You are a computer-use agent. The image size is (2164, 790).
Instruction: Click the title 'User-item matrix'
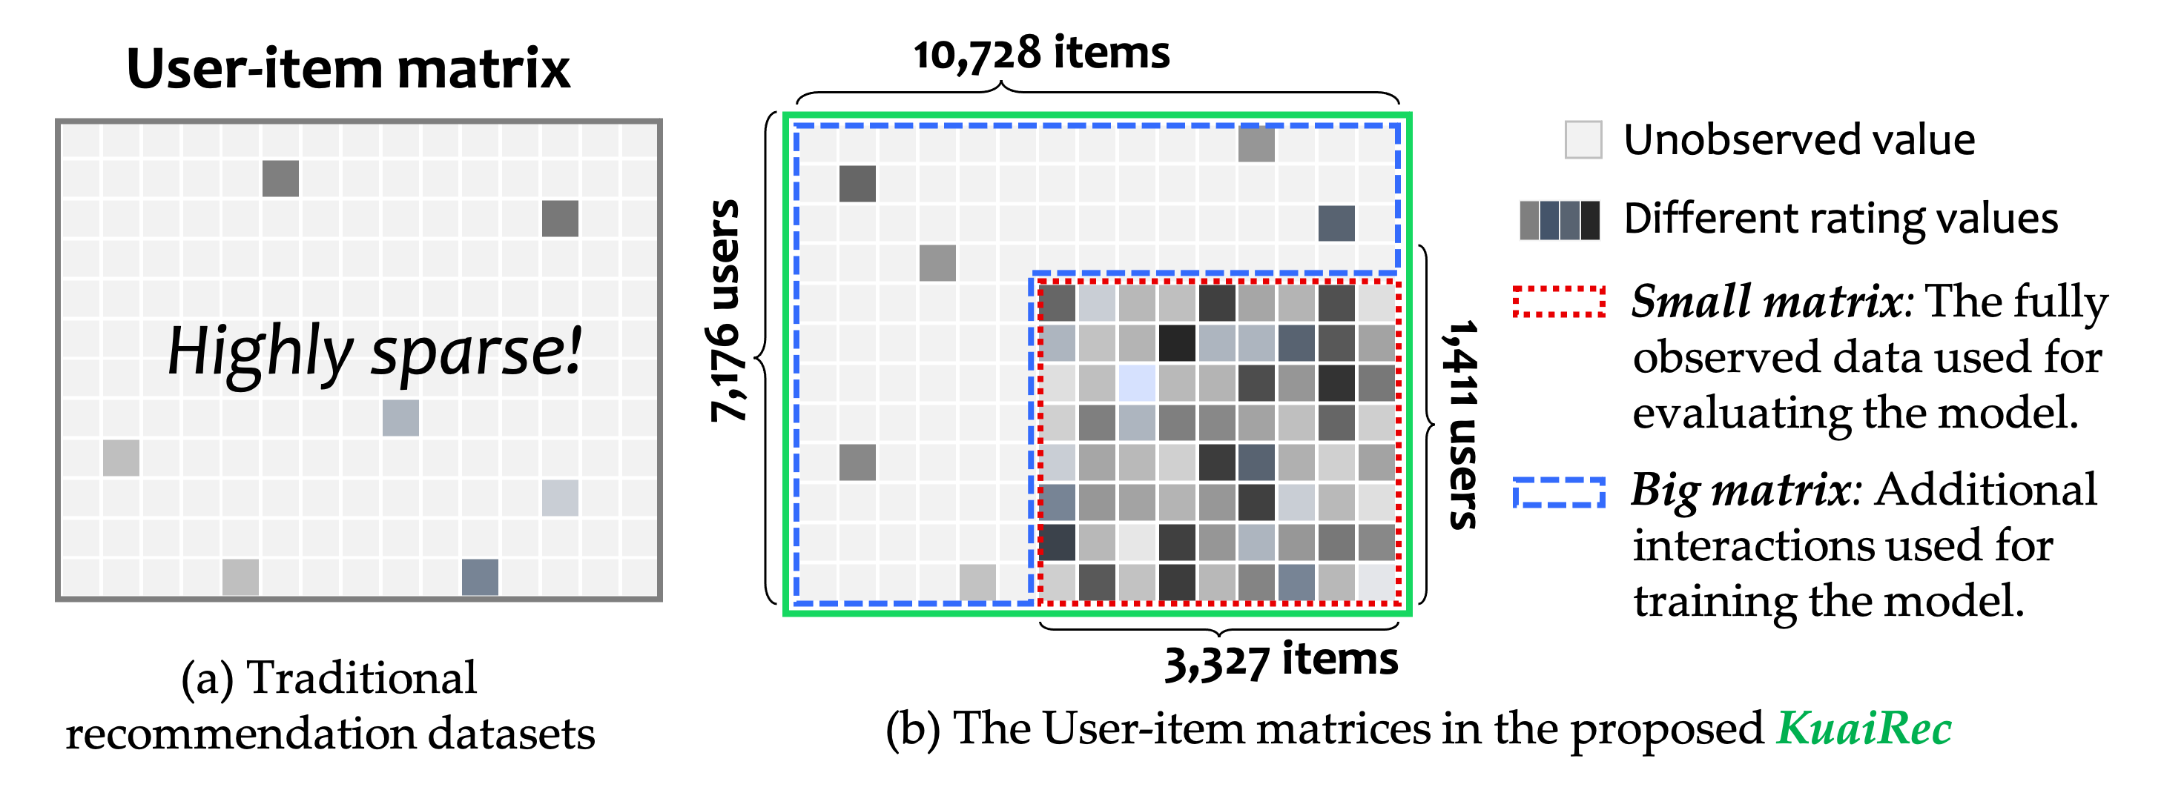coord(348,69)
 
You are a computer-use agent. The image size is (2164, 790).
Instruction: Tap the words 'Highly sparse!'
coord(374,351)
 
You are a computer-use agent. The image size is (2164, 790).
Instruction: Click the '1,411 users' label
coord(1462,424)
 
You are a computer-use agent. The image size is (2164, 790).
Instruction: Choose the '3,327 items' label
coord(1280,661)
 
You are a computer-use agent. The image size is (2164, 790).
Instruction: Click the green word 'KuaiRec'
coord(1863,728)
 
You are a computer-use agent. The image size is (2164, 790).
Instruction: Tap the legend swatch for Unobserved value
coord(1583,139)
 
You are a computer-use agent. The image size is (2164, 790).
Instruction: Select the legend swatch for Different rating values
coord(1559,220)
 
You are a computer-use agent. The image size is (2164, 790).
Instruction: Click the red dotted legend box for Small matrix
coord(1559,302)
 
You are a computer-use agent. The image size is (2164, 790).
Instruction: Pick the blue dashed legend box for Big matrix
coord(1559,492)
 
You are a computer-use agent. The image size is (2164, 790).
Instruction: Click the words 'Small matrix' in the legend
coord(1767,302)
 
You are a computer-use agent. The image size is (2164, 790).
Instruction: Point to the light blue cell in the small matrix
coord(1138,383)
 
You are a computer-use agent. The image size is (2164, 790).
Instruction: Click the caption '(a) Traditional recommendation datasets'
coord(330,706)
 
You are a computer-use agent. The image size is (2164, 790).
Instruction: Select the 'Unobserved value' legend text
coord(1798,139)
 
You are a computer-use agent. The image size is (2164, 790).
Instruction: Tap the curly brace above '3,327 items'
coord(1220,627)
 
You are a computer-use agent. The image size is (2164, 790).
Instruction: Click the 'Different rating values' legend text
coord(1841,219)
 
